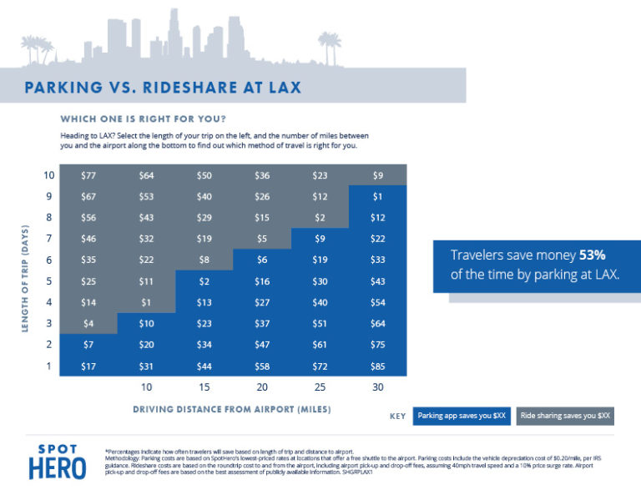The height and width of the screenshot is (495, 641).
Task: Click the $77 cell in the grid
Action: pos(88,175)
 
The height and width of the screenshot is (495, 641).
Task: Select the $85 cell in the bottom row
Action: pos(377,365)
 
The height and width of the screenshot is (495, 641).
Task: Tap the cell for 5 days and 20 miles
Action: pos(262,280)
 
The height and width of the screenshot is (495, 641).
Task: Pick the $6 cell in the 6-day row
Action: pos(262,260)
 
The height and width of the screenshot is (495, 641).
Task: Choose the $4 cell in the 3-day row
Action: pos(88,322)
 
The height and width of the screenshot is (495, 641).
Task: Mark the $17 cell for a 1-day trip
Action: pos(88,365)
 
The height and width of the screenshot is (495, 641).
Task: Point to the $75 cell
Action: pos(377,344)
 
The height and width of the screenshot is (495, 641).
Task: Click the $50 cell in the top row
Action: pos(204,175)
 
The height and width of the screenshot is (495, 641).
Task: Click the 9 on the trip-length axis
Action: pos(49,196)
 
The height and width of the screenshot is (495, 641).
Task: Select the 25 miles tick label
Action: pos(320,388)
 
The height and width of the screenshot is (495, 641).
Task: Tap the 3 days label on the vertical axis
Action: pos(49,323)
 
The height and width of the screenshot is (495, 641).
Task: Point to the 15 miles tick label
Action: pos(204,388)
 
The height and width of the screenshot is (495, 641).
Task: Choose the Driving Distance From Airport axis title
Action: pos(232,409)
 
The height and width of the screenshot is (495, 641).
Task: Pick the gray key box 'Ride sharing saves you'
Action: pos(565,415)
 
